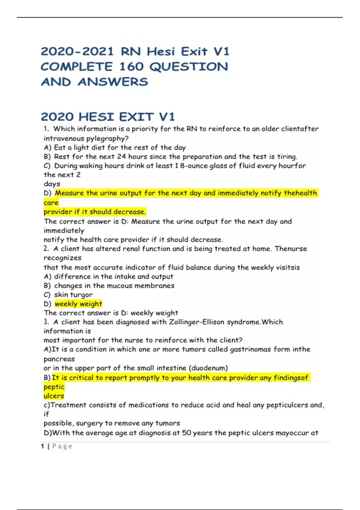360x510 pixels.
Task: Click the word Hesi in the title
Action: point(161,52)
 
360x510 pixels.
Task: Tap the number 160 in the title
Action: point(131,67)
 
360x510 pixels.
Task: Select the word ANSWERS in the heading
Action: point(113,82)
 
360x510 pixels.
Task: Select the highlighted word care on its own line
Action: point(51,203)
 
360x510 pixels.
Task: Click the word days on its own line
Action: point(52,184)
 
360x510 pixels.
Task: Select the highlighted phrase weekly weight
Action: point(78,304)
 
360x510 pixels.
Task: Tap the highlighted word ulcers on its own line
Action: point(54,396)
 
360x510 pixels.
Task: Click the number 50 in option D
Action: point(186,433)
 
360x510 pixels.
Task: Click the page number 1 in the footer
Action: point(42,446)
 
